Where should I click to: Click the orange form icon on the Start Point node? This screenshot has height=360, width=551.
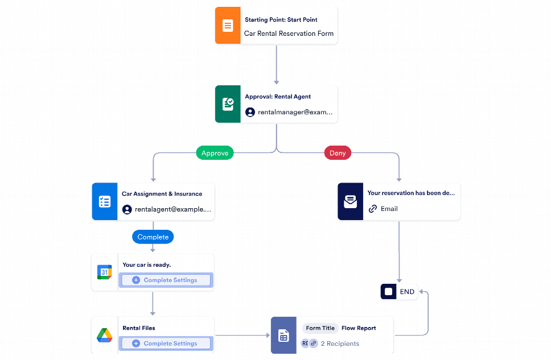coord(228,26)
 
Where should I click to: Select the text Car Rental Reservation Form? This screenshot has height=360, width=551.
coord(289,34)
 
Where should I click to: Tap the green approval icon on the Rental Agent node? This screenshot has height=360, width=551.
coord(228,104)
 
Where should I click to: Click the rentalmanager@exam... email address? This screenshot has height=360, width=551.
coord(295,112)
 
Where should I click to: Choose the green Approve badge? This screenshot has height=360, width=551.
coord(215,153)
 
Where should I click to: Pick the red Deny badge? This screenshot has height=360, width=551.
coord(338,153)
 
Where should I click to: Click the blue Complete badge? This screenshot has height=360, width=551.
coord(153,237)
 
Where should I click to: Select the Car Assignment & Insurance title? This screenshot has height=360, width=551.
coord(162,194)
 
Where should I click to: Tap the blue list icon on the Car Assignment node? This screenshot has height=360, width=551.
coord(105,202)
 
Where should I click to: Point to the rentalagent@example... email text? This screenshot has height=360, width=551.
coord(172,209)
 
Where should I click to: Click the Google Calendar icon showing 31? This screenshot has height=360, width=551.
coord(105,272)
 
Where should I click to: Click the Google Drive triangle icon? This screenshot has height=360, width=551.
coord(105,336)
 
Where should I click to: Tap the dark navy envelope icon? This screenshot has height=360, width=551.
coord(351,202)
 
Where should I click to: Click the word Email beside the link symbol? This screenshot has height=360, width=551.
coord(389,209)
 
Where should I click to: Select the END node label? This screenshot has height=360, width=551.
coord(407,292)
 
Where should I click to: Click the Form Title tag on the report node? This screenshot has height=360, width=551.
coord(320,328)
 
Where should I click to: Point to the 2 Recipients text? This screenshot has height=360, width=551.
coord(340,344)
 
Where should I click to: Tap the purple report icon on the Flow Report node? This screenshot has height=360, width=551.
coord(283,336)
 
